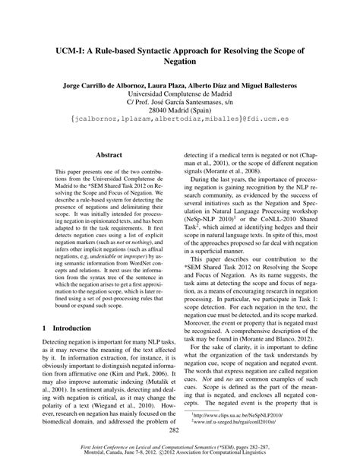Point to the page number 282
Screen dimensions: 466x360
point(180,430)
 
